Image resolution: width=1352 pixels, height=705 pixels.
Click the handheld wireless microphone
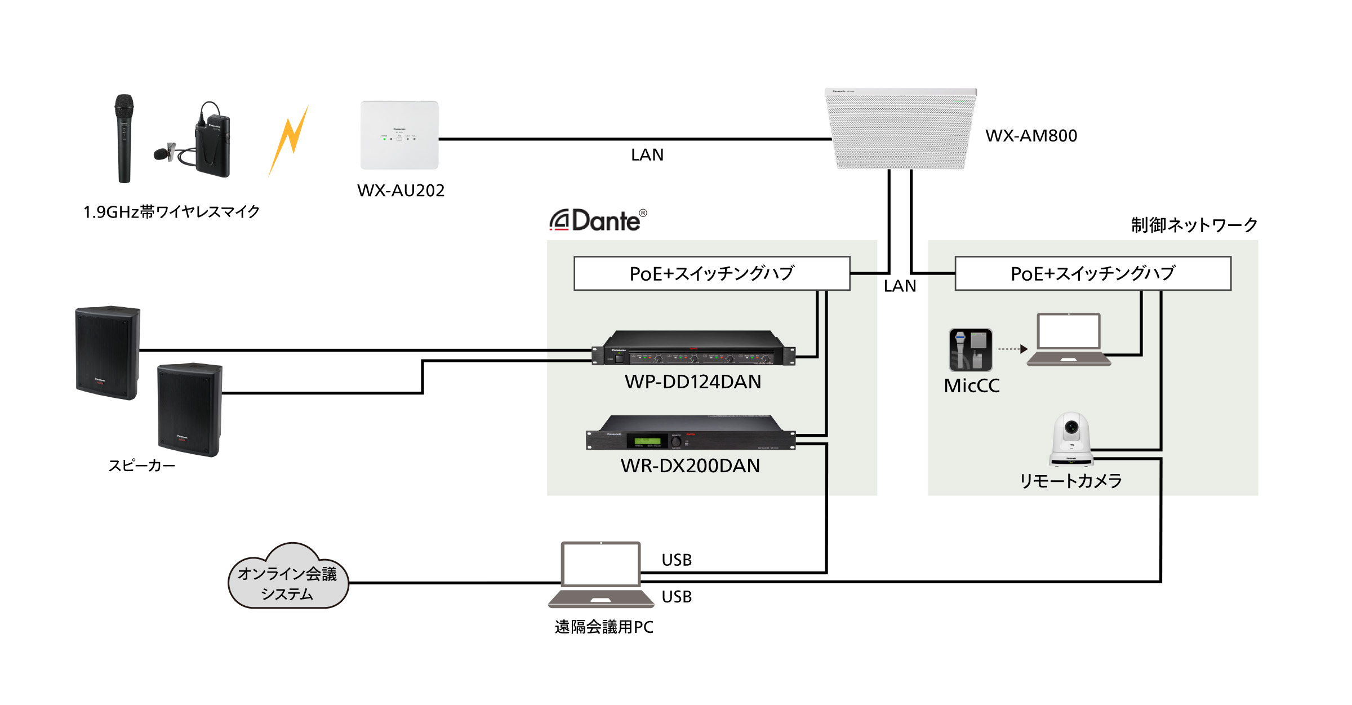[x=124, y=138]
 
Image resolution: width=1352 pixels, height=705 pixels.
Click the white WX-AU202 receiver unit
[x=399, y=135]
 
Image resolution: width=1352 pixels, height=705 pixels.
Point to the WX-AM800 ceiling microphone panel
[x=900, y=128]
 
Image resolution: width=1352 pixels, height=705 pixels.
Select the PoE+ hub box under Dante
[x=711, y=274]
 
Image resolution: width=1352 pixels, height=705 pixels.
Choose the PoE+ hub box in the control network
[x=1093, y=274]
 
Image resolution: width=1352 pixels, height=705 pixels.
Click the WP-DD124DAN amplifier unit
[x=693, y=349]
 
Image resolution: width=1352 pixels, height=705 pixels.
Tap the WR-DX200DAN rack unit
[x=691, y=434]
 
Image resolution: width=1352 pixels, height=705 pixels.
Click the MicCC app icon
[x=971, y=350]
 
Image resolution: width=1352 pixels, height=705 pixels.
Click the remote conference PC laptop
[x=601, y=575]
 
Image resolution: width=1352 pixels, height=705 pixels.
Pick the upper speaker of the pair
[x=107, y=353]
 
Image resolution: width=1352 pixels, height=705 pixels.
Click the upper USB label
[x=677, y=560]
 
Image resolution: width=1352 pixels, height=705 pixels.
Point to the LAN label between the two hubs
[x=900, y=286]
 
